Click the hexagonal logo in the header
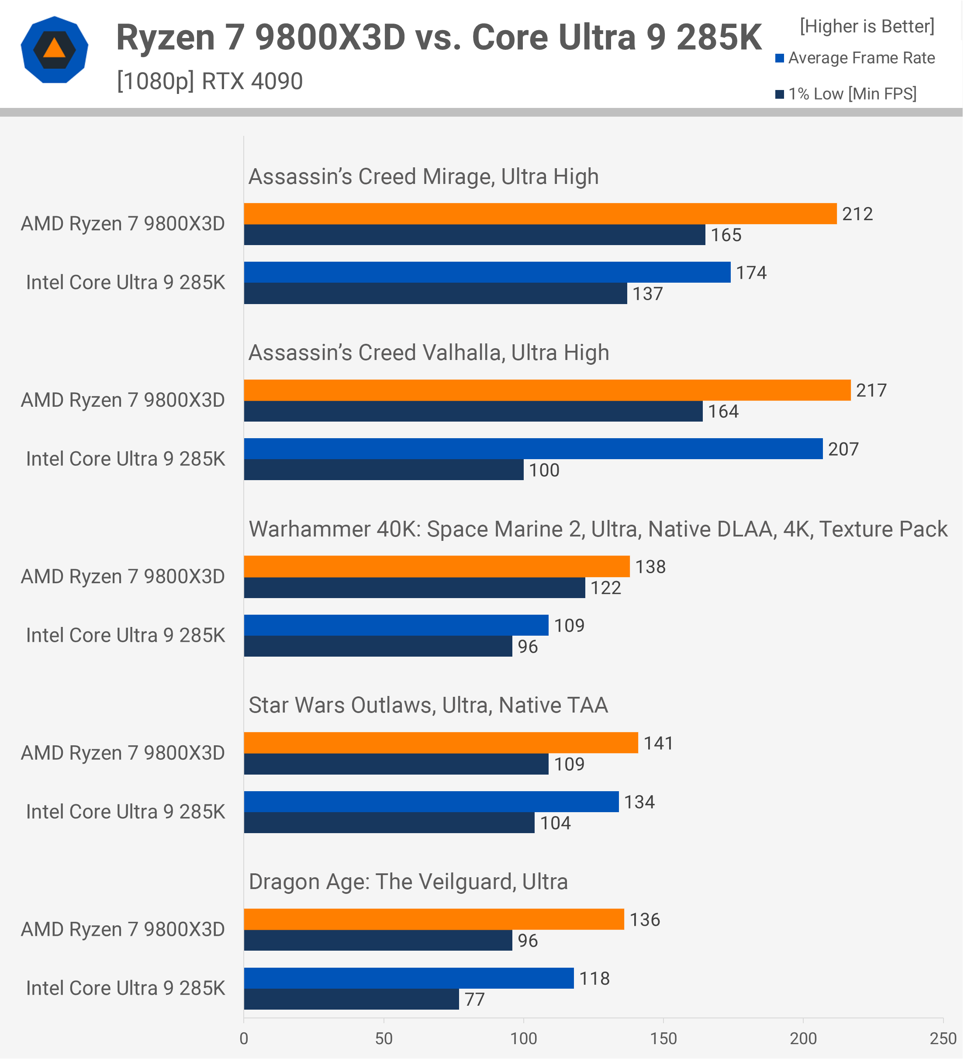point(54,50)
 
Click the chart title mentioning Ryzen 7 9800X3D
point(439,38)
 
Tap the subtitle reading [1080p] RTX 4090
point(210,81)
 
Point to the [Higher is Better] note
point(867,26)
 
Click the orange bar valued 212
point(540,214)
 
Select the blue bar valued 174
point(487,272)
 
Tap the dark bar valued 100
point(384,470)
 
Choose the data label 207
point(843,449)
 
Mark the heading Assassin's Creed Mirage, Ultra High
point(423,176)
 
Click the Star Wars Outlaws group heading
point(428,706)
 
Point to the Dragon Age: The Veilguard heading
point(408,882)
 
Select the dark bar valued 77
point(351,999)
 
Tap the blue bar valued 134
point(431,802)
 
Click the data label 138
point(650,567)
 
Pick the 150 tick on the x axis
point(663,1038)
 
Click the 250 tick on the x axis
point(943,1038)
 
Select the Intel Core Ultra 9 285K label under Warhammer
point(125,636)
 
